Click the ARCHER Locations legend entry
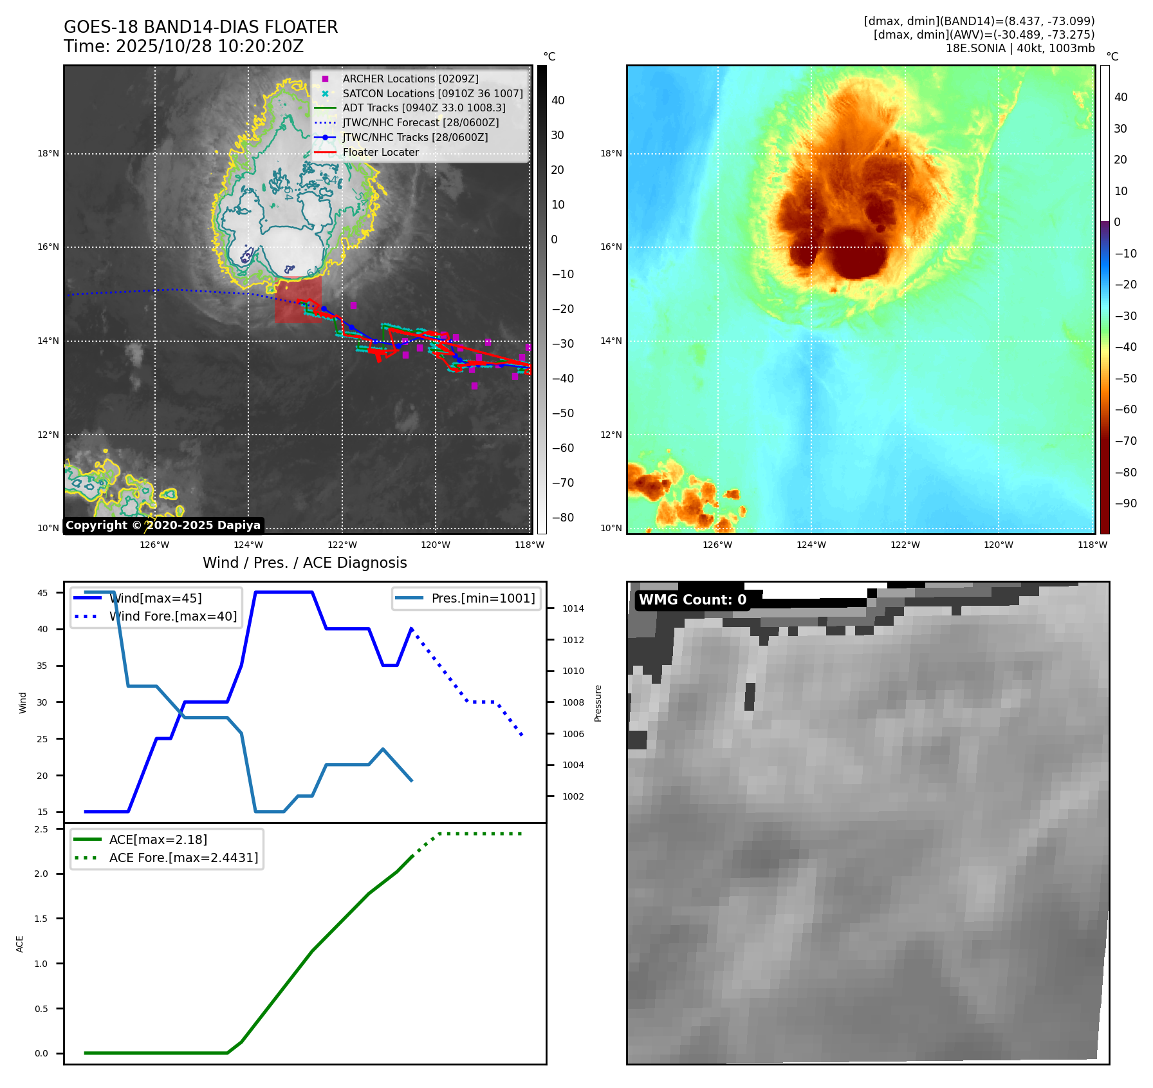410,79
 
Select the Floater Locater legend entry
380,153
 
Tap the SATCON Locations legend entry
432,93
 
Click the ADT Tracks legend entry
423,108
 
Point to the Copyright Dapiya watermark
163,525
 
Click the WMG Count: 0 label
692,600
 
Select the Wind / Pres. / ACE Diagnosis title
304,563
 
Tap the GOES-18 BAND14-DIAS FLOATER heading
200,27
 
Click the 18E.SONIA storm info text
1020,48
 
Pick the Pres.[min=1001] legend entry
483,598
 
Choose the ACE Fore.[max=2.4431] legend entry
183,858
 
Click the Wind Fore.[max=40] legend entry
172,616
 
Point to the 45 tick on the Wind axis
42,593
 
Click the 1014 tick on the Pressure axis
573,608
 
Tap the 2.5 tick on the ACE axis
41,829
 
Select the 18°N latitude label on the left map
48,154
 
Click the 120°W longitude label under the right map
998,545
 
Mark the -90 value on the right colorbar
1125,503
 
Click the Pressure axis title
598,703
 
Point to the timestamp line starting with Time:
183,46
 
